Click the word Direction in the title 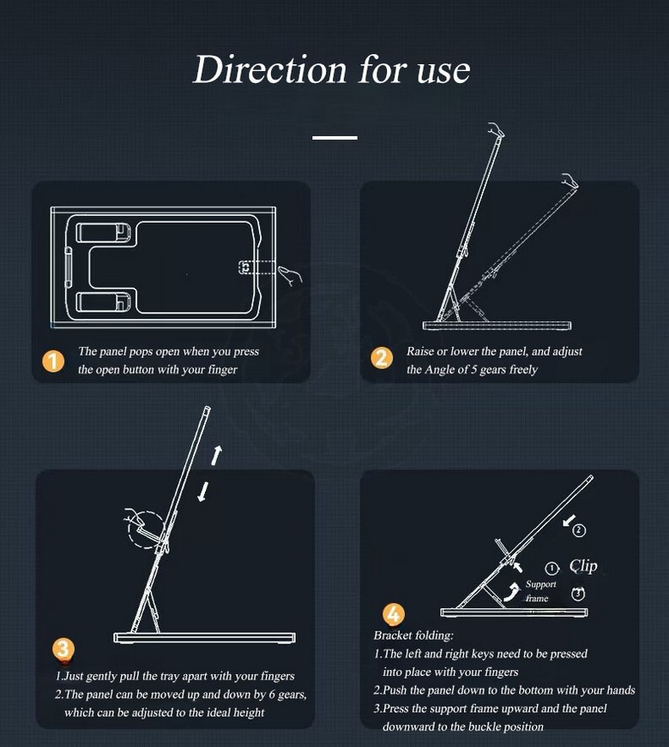click(269, 69)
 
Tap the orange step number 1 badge click(53, 362)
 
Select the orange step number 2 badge click(382, 358)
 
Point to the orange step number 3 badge click(63, 648)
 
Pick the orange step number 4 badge click(394, 614)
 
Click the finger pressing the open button click(290, 275)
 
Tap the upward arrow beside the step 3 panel click(216, 455)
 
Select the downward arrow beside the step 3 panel click(203, 492)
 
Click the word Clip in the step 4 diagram click(583, 566)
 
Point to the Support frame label click(539, 591)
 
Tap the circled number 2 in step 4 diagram click(579, 530)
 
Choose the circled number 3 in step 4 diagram click(578, 594)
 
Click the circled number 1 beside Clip click(551, 568)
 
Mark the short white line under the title click(334, 138)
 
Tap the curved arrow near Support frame click(512, 592)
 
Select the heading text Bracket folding click(413, 635)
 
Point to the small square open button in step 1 click(245, 267)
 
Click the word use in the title click(443, 70)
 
